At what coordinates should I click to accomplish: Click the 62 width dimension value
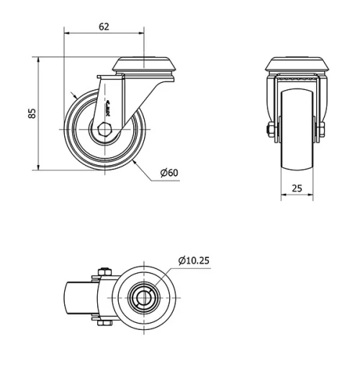pyautogui.click(x=104, y=27)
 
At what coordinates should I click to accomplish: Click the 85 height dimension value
pyautogui.click(x=31, y=115)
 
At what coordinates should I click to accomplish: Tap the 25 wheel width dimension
pyautogui.click(x=297, y=189)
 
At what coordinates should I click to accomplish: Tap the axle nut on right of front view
pyautogui.click(x=321, y=130)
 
